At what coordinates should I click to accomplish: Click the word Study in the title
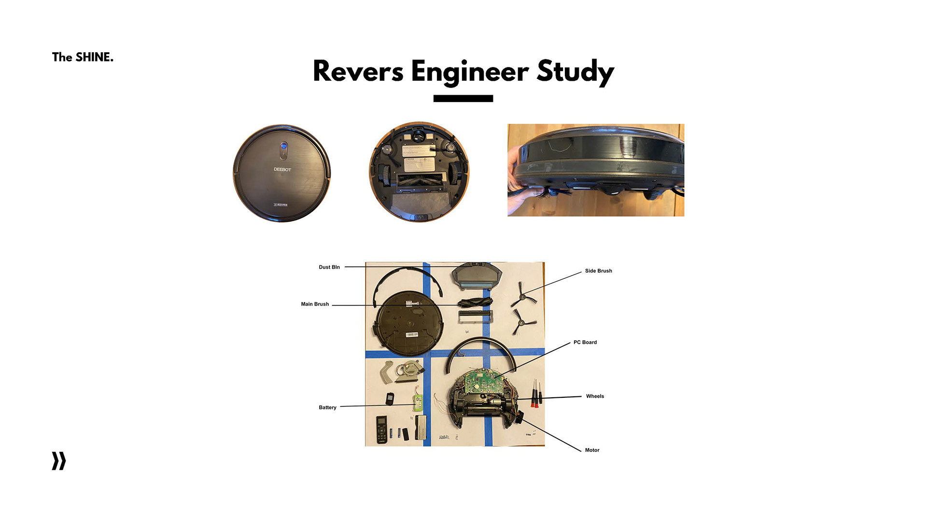(x=575, y=72)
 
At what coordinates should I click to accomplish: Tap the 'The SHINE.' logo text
(x=83, y=57)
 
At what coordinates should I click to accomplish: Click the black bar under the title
(x=463, y=99)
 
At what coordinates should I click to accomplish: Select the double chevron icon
(x=59, y=461)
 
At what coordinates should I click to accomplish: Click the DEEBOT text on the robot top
(x=282, y=170)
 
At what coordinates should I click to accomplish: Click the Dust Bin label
(x=329, y=267)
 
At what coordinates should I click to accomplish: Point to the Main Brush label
(x=315, y=304)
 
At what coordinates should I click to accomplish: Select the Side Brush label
(x=598, y=271)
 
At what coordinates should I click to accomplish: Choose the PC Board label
(x=585, y=342)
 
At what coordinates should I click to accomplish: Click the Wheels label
(x=595, y=396)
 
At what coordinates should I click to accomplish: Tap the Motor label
(x=592, y=450)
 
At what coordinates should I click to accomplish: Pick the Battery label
(x=327, y=407)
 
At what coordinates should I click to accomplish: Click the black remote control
(x=381, y=429)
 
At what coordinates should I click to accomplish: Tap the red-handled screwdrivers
(x=536, y=394)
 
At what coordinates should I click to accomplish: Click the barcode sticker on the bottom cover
(x=412, y=334)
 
